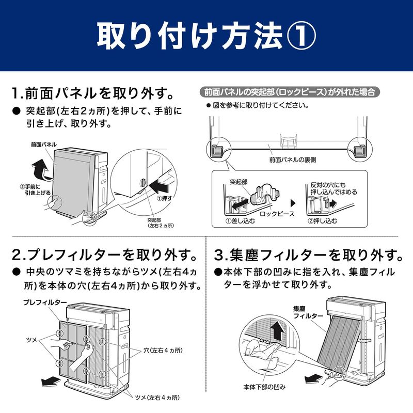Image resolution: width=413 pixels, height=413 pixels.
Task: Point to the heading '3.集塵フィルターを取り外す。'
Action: [308, 255]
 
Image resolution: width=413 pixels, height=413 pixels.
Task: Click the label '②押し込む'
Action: [323, 221]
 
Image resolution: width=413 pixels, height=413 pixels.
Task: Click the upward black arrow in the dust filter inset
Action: [277, 328]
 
